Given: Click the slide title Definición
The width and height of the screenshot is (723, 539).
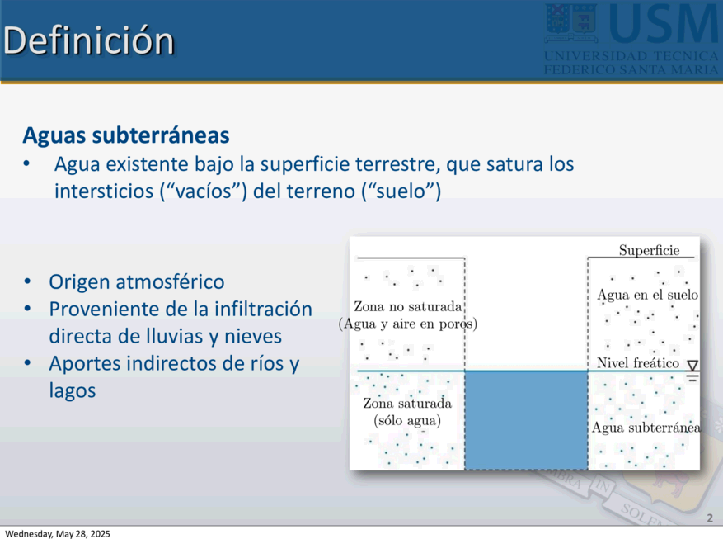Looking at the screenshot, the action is [x=88, y=40].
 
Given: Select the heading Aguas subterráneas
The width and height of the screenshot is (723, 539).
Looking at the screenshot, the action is [x=126, y=135].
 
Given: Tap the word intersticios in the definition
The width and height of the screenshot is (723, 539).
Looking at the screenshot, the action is [x=104, y=191].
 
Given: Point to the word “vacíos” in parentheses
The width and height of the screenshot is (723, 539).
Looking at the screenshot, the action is [x=204, y=191].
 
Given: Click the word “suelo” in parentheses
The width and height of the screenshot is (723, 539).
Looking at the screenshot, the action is [x=401, y=191].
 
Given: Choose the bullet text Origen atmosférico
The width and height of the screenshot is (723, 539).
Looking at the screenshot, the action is [x=137, y=282].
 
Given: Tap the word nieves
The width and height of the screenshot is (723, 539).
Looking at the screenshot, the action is [x=253, y=336].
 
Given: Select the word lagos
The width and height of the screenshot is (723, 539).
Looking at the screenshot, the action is [x=73, y=391].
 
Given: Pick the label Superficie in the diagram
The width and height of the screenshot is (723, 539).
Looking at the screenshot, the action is [x=650, y=250].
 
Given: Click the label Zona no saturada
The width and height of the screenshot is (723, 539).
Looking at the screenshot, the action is [x=407, y=307].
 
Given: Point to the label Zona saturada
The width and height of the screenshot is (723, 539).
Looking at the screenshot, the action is [x=407, y=404].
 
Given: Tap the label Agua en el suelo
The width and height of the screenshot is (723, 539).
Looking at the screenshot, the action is [x=647, y=295].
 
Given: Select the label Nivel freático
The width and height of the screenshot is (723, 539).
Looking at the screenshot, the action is [x=638, y=362].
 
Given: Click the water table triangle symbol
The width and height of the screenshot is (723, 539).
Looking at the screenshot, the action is [x=692, y=366].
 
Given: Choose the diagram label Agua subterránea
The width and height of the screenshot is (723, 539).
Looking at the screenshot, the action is [x=646, y=428].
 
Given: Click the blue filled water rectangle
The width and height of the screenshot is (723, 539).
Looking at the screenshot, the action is [x=526, y=420].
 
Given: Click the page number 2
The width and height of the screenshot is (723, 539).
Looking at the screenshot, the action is [x=710, y=518].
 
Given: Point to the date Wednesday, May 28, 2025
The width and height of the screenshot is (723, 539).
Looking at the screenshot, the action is [x=58, y=534].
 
